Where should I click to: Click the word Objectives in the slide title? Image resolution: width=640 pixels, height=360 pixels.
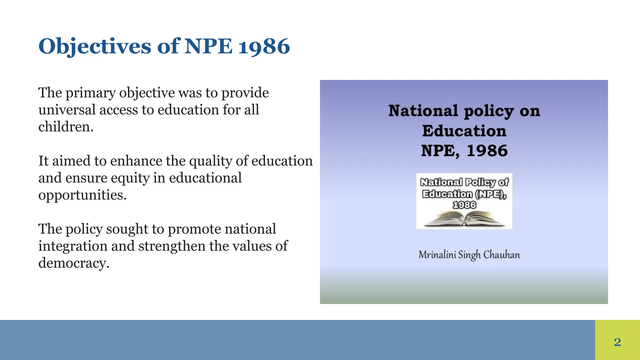[x=95, y=47]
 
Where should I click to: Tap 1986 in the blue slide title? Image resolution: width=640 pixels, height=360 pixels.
[x=264, y=47]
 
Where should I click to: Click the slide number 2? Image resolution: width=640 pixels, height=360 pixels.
[x=617, y=342]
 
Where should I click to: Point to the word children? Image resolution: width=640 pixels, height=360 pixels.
[x=66, y=127]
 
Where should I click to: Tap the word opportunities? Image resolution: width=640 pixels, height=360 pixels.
[x=82, y=195]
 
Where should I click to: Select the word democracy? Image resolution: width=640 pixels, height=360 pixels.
[x=73, y=263]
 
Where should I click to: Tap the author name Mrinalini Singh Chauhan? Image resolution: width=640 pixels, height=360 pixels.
[x=469, y=255]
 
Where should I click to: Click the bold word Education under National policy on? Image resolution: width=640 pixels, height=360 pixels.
[x=464, y=131]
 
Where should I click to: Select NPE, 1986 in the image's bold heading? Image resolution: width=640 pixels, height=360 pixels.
[x=464, y=151]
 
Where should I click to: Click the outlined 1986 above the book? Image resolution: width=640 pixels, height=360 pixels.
[x=464, y=205]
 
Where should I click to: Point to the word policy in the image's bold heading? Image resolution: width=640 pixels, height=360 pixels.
[x=488, y=111]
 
